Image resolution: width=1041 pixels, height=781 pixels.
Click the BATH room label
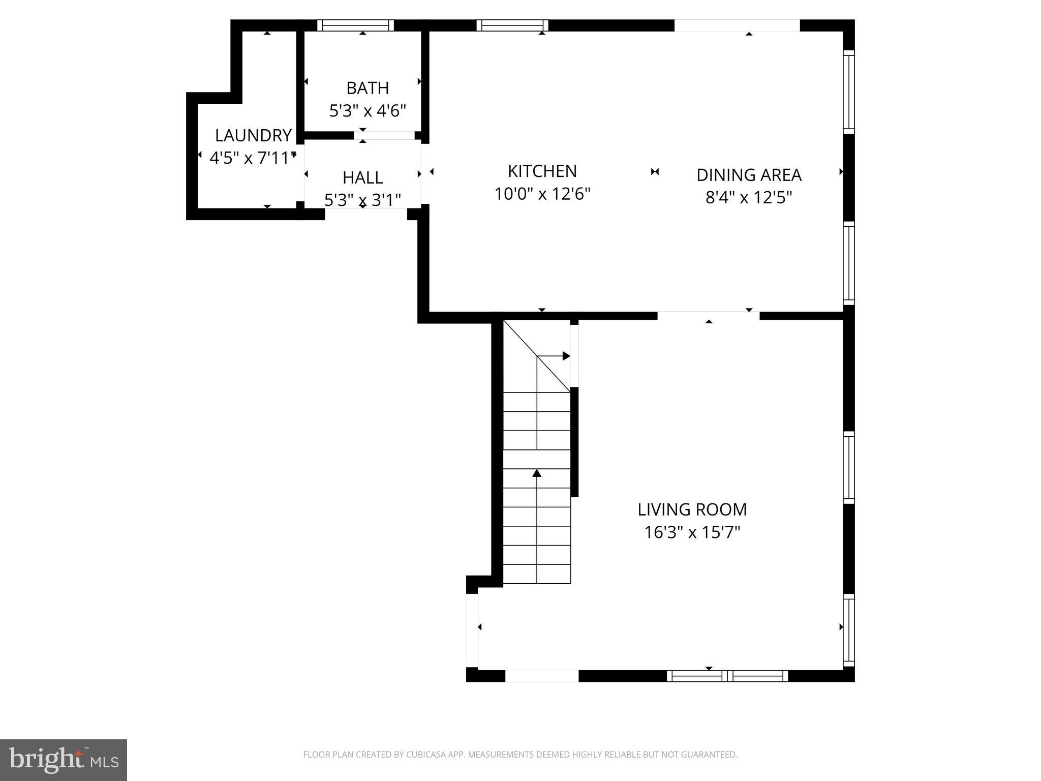[x=368, y=88]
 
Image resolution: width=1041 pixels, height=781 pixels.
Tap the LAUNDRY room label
[x=253, y=135]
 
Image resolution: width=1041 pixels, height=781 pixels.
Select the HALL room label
[x=362, y=177]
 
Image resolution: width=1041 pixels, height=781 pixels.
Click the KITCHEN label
[x=542, y=171]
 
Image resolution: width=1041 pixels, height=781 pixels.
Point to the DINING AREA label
[x=748, y=175]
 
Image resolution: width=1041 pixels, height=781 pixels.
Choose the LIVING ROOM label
[x=692, y=509]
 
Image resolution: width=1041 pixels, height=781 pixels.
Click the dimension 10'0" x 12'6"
[x=542, y=194]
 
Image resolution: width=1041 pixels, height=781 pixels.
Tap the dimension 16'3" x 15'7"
[x=692, y=532]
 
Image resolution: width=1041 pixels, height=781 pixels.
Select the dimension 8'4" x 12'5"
[x=748, y=197]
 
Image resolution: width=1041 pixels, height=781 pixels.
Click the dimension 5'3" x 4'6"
[x=368, y=110]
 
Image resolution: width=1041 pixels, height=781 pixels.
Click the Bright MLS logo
[x=63, y=760]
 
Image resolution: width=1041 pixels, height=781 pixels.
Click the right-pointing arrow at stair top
[x=565, y=356]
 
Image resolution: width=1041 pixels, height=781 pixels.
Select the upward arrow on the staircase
[x=537, y=473]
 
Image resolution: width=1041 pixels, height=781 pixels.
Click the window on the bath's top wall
[x=355, y=25]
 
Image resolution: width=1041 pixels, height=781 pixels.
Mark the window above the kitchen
[x=512, y=25]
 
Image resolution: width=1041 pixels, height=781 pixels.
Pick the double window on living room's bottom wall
[x=727, y=676]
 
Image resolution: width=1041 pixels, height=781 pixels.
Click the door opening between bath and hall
[x=385, y=135]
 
